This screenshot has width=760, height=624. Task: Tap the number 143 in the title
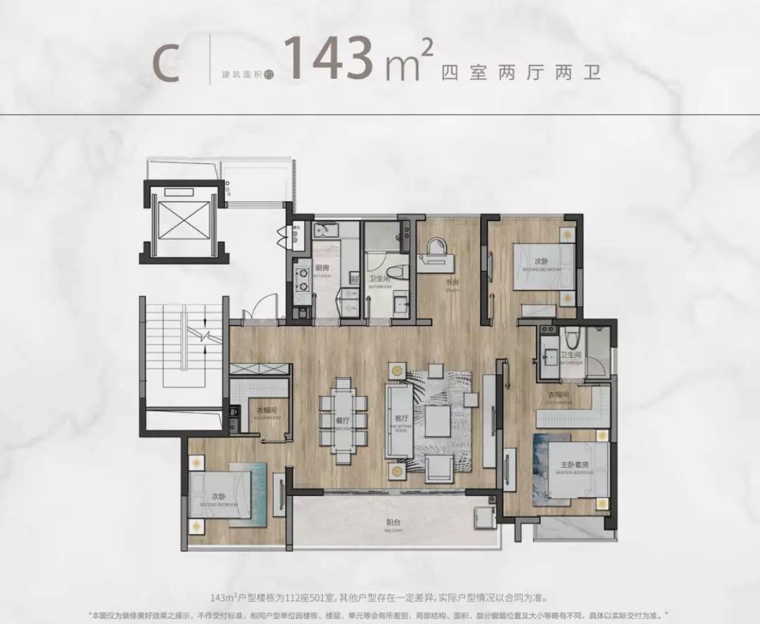point(329,61)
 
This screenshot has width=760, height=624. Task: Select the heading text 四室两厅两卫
point(521,72)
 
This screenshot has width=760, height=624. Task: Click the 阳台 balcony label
point(393,523)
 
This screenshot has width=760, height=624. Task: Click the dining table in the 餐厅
point(343,420)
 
